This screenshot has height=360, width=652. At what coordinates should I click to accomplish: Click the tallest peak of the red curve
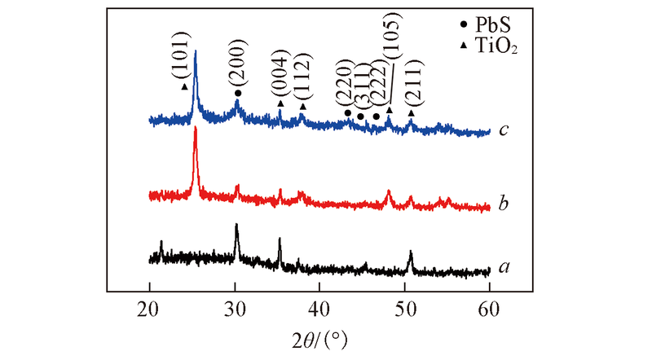[195, 129]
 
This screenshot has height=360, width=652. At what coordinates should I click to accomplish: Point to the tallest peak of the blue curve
[195, 52]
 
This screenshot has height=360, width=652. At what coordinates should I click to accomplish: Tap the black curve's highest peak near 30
[236, 226]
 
